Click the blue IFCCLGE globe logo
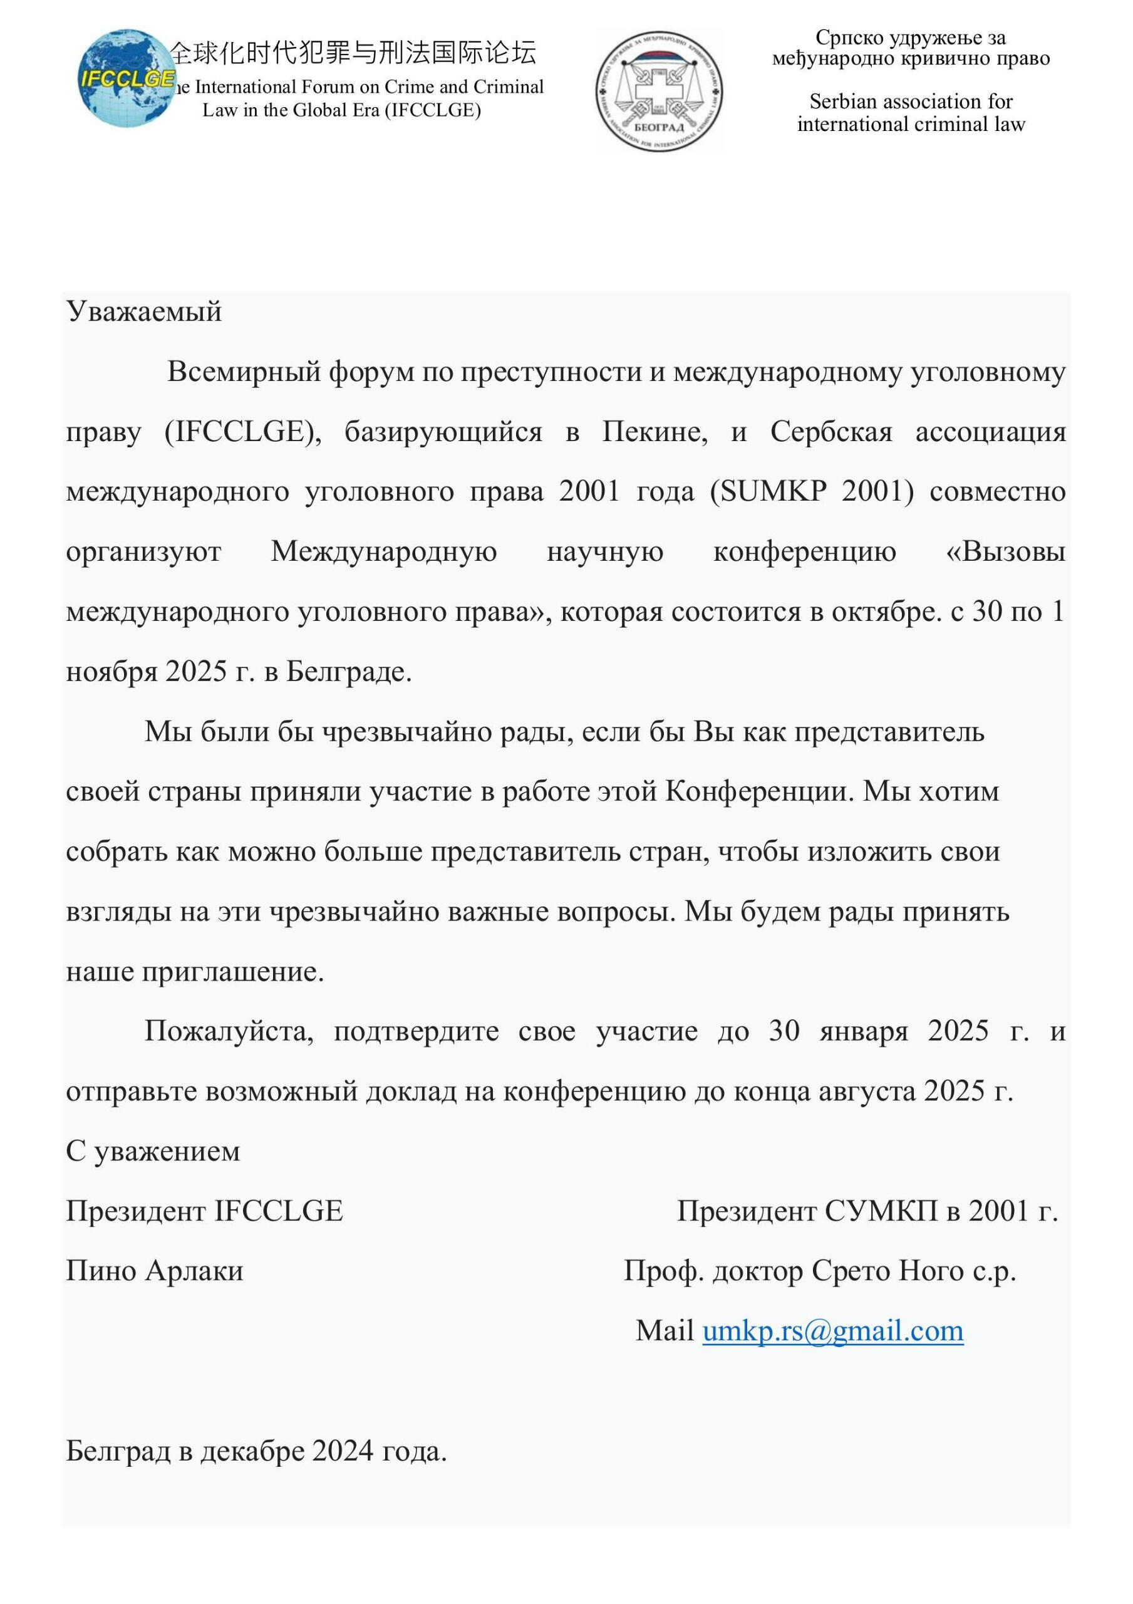tap(126, 79)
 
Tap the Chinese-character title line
tap(353, 53)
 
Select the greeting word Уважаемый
tap(144, 311)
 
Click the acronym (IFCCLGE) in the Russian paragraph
tap(242, 432)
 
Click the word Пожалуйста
tap(229, 1032)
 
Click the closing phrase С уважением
tap(153, 1151)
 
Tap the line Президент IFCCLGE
tap(205, 1211)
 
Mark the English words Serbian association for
tap(911, 102)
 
